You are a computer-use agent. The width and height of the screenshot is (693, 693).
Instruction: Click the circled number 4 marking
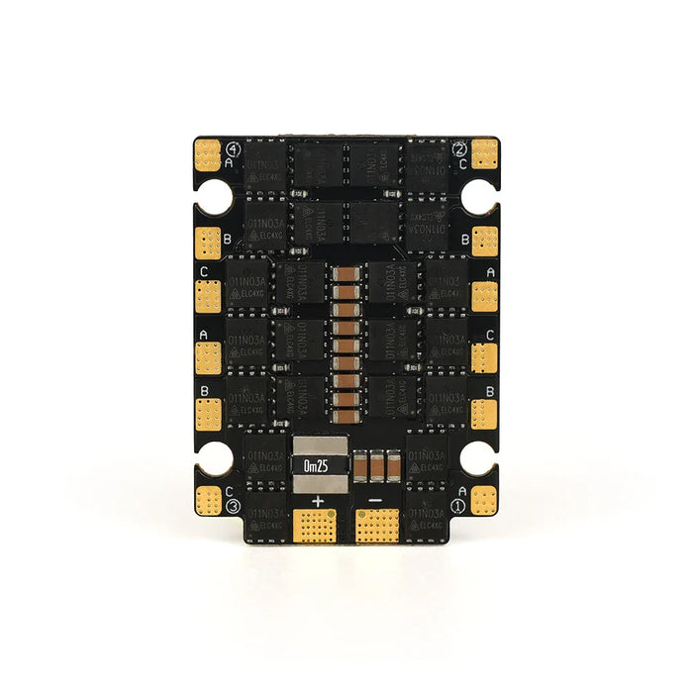tap(233, 149)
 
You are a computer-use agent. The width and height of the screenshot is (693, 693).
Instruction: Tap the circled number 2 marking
tap(459, 150)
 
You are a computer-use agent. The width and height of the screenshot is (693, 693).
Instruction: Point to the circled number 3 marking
tap(234, 507)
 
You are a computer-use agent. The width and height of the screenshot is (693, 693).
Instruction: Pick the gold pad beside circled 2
tap(485, 153)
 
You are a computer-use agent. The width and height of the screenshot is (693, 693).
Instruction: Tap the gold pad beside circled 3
tap(208, 499)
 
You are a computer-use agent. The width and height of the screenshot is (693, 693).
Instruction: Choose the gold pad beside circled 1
tap(485, 499)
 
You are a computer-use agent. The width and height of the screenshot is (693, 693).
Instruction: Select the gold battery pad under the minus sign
tap(376, 527)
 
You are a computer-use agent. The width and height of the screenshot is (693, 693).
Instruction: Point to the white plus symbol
tap(318, 501)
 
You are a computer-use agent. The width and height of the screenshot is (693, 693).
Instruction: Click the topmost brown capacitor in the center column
tap(346, 276)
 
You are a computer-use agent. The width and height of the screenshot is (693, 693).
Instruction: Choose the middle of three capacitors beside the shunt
tap(377, 464)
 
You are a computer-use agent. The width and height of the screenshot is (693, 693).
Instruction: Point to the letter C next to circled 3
tap(230, 490)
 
